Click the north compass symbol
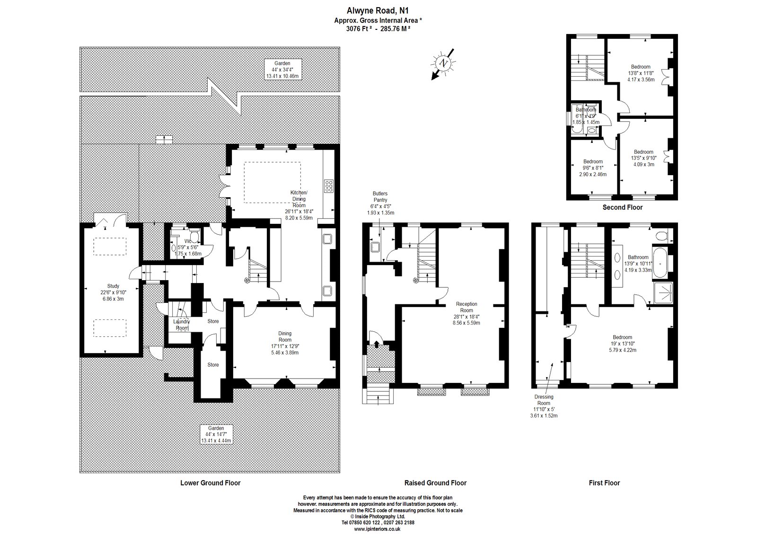pyautogui.click(x=443, y=62)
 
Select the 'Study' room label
pyautogui.click(x=113, y=286)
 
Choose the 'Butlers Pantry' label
pyautogui.click(x=380, y=196)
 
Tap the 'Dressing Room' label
pyautogui.click(x=544, y=400)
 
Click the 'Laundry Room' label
pyautogui.click(x=183, y=325)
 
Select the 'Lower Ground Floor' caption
pyautogui.click(x=211, y=483)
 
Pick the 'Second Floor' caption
pyautogui.click(x=622, y=207)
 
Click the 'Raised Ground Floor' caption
pyautogui.click(x=435, y=483)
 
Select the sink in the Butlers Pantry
pyautogui.click(x=376, y=247)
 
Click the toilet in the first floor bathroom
pyautogui.click(x=662, y=235)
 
